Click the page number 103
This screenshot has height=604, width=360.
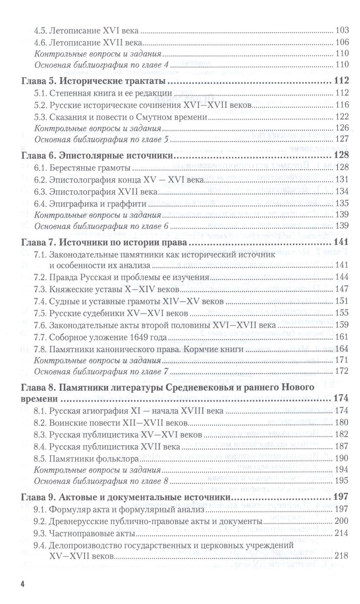click(342, 31)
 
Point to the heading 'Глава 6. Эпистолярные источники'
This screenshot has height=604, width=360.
click(97, 155)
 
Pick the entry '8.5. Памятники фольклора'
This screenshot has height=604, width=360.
click(86, 459)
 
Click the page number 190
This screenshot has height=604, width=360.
click(342, 459)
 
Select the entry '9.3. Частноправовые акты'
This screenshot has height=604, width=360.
click(84, 533)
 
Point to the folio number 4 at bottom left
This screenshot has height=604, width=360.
click(22, 584)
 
